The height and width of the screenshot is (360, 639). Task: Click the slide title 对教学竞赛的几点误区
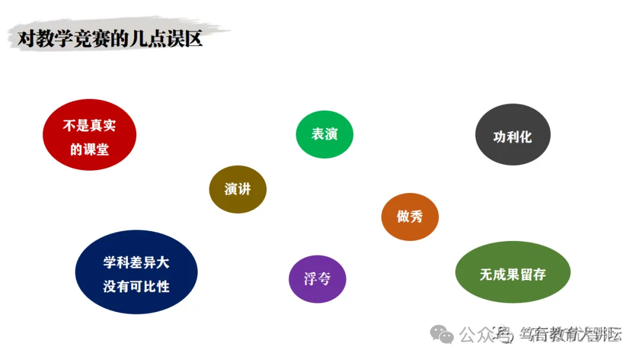point(110,40)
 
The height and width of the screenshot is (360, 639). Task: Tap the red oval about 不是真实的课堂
point(89,134)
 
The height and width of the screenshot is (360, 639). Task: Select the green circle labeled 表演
point(324,134)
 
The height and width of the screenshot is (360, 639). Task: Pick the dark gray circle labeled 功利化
point(513,135)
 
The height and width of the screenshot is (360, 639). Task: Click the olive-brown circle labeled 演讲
point(238,189)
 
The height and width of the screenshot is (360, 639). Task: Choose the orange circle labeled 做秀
point(410,217)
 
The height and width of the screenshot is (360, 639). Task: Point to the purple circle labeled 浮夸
point(317,279)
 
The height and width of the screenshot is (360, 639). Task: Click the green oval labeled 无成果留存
point(512,272)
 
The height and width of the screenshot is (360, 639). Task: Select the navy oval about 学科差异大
point(136,272)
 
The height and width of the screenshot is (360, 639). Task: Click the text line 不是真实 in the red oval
point(89,126)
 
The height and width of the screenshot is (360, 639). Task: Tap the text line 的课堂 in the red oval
point(89,150)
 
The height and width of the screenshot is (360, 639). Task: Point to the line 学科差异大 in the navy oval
point(136,262)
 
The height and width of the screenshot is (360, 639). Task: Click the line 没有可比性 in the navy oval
point(136,287)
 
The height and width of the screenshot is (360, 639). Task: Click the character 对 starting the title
point(25,40)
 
